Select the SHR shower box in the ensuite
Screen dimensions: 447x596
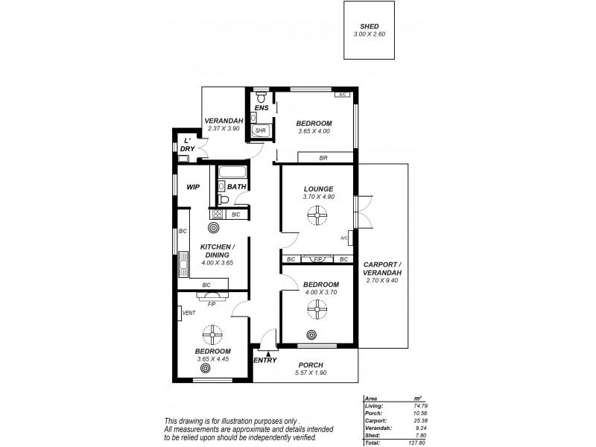pyautogui.click(x=261, y=130)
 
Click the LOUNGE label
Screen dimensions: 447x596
pyautogui.click(x=318, y=188)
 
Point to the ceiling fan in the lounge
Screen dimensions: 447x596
pyautogui.click(x=318, y=216)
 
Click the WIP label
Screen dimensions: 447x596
pyautogui.click(x=193, y=187)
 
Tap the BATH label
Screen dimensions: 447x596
pyautogui.click(x=237, y=186)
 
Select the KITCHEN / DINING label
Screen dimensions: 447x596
pyautogui.click(x=218, y=251)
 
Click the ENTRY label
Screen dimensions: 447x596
pyautogui.click(x=265, y=361)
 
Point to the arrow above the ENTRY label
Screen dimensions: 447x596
pyautogui.click(x=259, y=353)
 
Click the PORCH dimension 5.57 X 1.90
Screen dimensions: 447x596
pyautogui.click(x=311, y=372)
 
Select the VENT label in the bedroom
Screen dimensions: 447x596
pyautogui.click(x=188, y=313)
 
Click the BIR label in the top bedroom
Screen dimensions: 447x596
pyautogui.click(x=323, y=158)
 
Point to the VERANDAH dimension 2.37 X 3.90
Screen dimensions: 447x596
pyautogui.click(x=222, y=129)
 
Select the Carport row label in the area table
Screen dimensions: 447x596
pyautogui.click(x=375, y=419)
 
